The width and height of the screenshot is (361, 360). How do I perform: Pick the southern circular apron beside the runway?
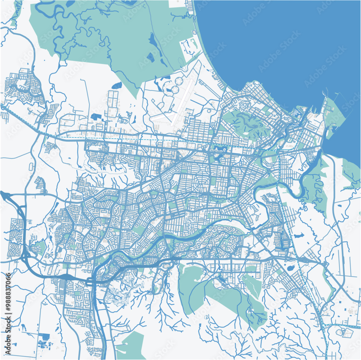click(x=175, y=89)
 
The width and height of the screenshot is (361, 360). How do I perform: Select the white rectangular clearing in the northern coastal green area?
click(x=188, y=49)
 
